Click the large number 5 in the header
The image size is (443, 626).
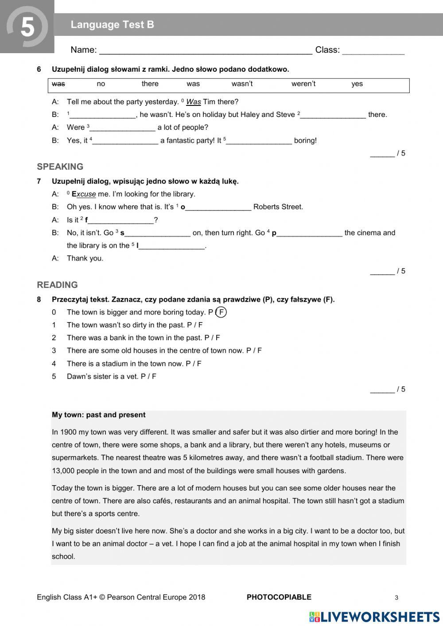click(27, 27)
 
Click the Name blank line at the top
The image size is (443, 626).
click(206, 52)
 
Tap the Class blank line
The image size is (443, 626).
click(373, 52)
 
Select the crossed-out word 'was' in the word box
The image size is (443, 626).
click(58, 84)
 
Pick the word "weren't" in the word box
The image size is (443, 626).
click(303, 84)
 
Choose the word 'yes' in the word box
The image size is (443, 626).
click(357, 84)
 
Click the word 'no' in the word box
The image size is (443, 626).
click(101, 84)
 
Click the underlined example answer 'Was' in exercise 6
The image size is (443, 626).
click(193, 102)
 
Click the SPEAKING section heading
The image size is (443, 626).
click(60, 167)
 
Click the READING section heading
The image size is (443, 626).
click(57, 285)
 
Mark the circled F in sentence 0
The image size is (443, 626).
click(221, 312)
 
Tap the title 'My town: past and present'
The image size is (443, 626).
click(98, 415)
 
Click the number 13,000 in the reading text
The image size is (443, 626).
click(65, 471)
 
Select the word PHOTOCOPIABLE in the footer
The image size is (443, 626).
click(279, 597)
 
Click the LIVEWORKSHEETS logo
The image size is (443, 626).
click(374, 617)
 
